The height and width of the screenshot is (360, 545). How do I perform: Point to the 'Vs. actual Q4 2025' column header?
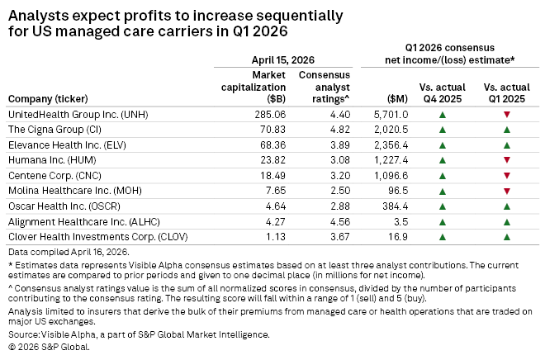pyautogui.click(x=443, y=92)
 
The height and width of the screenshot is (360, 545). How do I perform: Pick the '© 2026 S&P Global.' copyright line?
pyautogui.click(x=49, y=347)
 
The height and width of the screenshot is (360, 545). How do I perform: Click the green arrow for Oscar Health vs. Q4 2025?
pyautogui.click(x=443, y=205)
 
